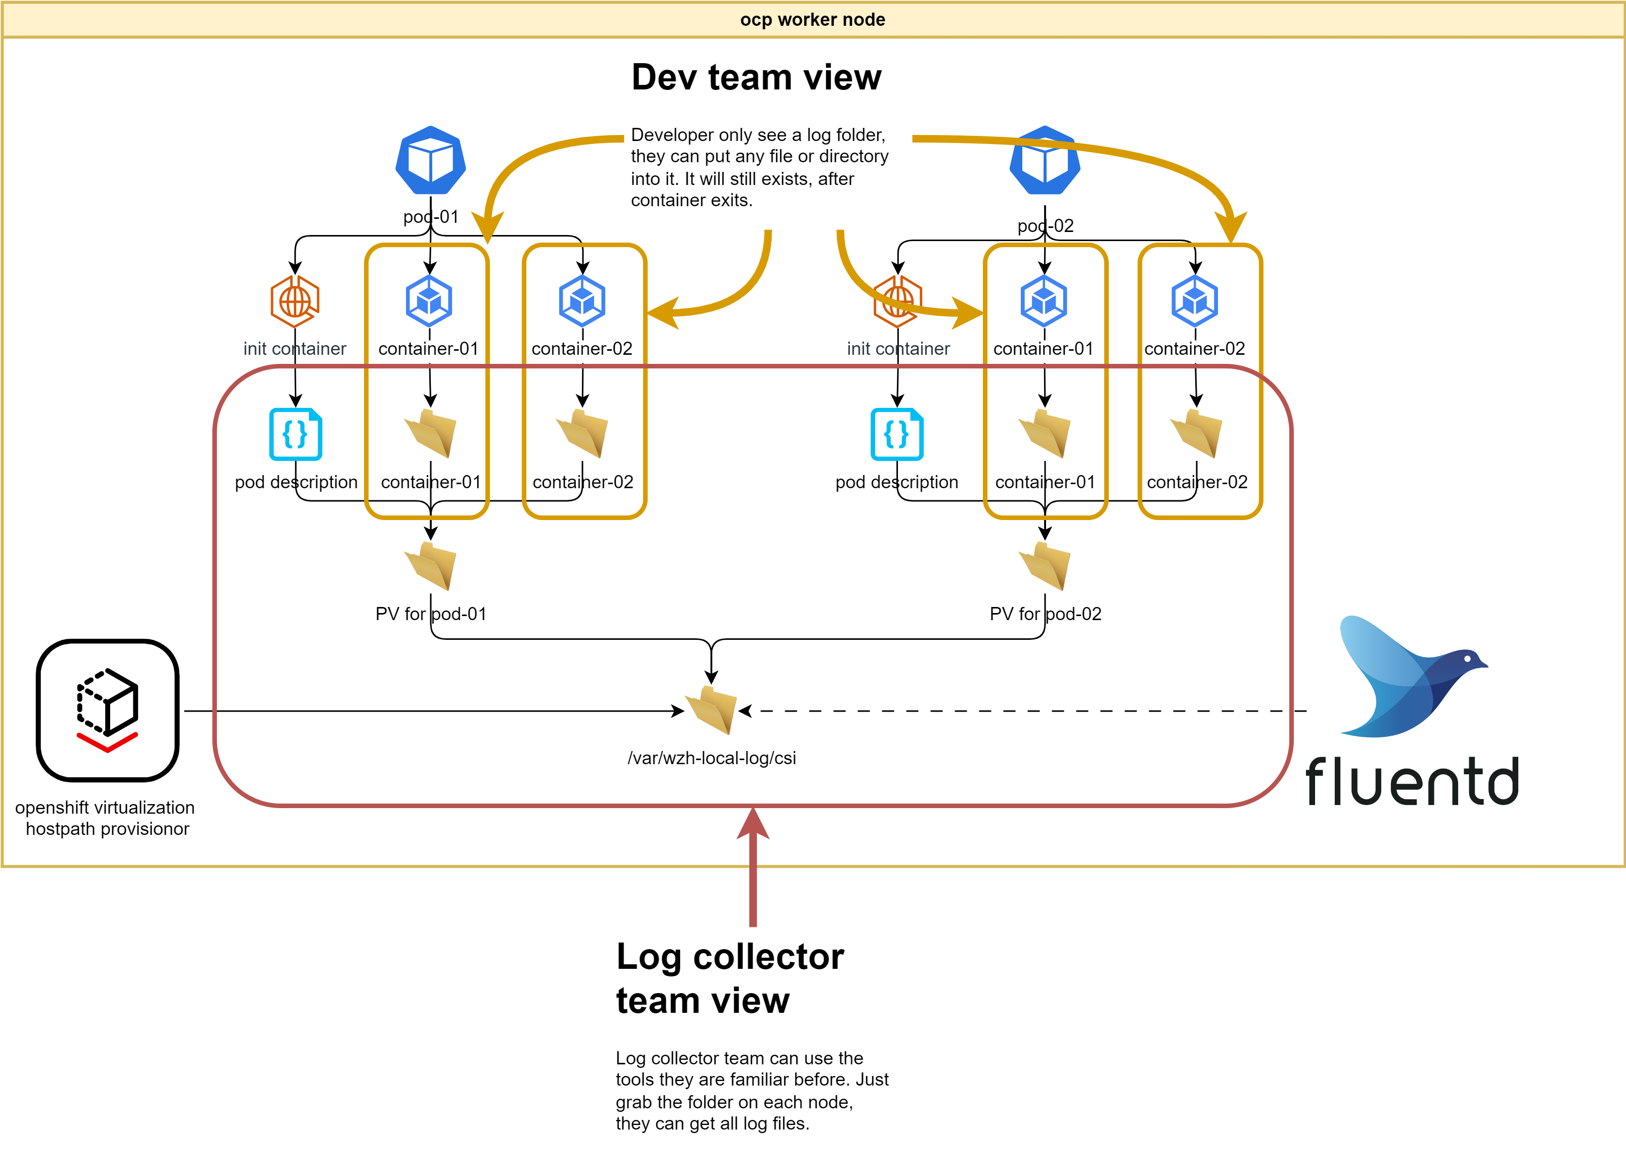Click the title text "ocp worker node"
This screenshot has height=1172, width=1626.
(x=812, y=19)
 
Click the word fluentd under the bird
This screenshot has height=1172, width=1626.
(x=1411, y=781)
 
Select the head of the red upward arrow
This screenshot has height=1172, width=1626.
(x=753, y=824)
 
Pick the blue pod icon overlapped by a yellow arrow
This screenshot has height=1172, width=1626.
(x=1045, y=161)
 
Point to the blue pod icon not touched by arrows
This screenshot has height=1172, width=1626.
(x=430, y=161)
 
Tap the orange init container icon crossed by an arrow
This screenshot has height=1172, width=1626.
(x=897, y=301)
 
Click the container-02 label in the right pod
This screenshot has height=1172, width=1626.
(x=1194, y=349)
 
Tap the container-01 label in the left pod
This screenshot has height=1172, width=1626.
(x=429, y=349)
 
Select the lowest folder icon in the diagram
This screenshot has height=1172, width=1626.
(x=711, y=710)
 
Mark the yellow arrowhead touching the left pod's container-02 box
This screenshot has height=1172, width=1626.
(x=661, y=313)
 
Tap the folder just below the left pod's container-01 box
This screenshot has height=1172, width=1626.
(x=430, y=566)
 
